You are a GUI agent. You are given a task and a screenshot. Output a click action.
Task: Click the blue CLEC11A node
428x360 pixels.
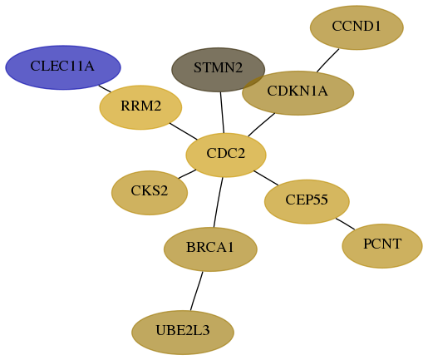coord(63,67)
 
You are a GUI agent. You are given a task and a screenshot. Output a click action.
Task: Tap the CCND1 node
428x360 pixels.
coord(357,27)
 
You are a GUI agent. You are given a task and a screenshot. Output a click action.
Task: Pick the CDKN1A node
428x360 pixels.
coord(298,93)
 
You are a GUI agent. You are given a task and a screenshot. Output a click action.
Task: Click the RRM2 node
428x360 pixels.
coord(140,107)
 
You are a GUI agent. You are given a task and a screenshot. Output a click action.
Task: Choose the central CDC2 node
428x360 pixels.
coord(226,155)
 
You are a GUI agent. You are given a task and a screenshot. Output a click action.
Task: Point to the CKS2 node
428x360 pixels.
coord(150,193)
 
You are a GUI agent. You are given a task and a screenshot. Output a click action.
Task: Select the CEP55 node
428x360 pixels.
coord(307,201)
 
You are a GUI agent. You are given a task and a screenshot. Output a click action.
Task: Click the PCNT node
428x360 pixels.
coord(382,246)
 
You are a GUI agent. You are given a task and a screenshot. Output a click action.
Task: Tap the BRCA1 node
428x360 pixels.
coord(210,249)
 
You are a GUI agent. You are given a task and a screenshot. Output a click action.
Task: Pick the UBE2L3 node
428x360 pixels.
coord(183,333)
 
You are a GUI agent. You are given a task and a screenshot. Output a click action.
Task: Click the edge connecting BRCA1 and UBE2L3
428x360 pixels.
coord(197,291)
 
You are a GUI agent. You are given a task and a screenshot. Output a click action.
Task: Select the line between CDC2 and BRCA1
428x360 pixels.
coord(219,202)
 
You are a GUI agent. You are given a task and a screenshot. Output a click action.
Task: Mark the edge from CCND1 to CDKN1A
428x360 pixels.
coord(328,61)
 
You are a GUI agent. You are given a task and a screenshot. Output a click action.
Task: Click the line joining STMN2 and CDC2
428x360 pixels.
coord(222,112)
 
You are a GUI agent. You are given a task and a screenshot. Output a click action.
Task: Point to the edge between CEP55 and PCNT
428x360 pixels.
coord(345,224)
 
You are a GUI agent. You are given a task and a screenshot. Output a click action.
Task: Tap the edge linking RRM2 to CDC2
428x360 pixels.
coord(184,131)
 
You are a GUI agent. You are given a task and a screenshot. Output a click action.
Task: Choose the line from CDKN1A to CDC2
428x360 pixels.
coord(262,125)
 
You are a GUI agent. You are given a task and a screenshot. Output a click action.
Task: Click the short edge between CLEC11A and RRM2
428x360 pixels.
coord(105,89)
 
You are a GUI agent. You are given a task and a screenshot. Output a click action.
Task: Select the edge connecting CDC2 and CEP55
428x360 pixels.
coord(266,178)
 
